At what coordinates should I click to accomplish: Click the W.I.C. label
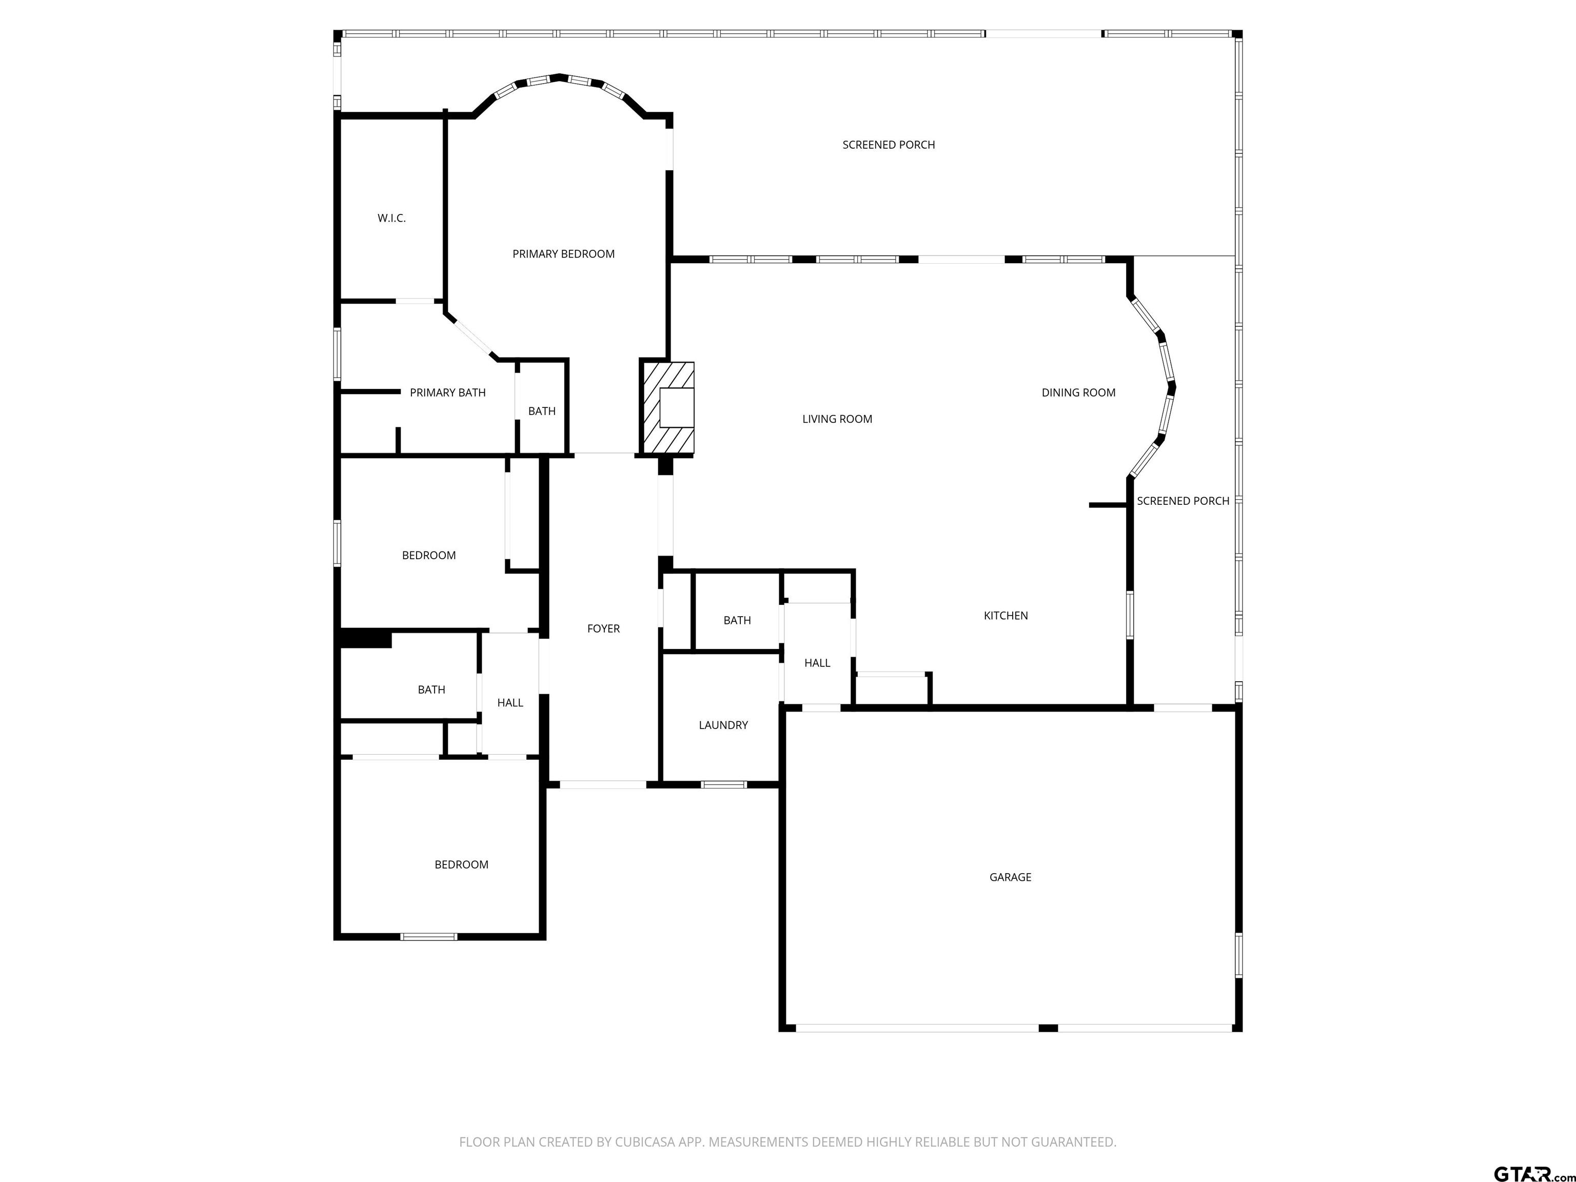[x=391, y=218]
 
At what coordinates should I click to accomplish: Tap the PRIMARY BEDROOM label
[x=564, y=253]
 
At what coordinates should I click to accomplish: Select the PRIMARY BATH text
[x=447, y=392]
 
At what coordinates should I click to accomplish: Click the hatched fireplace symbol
[x=667, y=407]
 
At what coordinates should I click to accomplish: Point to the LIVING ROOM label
[x=837, y=419]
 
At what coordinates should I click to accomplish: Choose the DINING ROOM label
[x=1078, y=392]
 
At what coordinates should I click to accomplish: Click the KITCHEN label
[x=1006, y=616]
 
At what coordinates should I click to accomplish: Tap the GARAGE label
[x=1010, y=877]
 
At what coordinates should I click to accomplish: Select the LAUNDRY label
[x=723, y=725]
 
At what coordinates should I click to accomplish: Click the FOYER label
[x=603, y=628]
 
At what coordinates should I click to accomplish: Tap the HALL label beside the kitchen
[x=817, y=663]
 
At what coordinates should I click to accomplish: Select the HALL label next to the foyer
[x=510, y=702]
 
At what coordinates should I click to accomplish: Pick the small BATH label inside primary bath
[x=541, y=411]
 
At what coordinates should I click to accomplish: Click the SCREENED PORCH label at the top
[x=889, y=145]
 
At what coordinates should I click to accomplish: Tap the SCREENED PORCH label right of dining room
[x=1183, y=501]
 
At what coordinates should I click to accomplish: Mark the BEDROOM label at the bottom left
[x=461, y=864]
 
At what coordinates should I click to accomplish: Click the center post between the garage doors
[x=1048, y=1028]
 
